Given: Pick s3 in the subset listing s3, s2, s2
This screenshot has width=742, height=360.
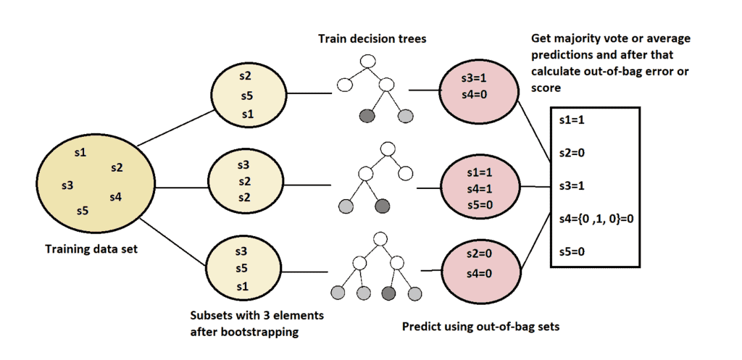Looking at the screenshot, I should coord(243,164).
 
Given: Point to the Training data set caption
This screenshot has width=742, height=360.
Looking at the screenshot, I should coord(93,249).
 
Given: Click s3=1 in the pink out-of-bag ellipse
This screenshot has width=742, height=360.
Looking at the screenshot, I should coord(477,78).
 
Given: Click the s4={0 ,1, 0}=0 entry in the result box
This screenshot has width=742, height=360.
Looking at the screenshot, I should coord(592,217).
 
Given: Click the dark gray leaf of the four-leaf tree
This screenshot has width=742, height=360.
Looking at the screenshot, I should coord(388,293).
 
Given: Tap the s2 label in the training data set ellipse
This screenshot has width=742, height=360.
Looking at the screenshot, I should coord(117,167).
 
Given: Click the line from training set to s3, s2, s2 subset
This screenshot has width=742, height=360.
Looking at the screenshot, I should coord(181,188).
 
